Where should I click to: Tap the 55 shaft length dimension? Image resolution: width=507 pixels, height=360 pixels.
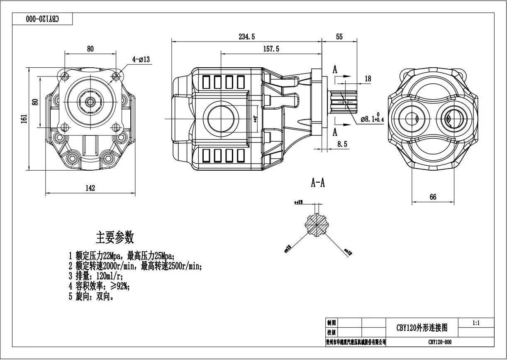(x=339, y=37)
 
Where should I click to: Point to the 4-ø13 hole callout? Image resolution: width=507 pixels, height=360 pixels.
(x=141, y=60)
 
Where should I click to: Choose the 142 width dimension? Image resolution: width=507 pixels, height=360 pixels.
(x=90, y=188)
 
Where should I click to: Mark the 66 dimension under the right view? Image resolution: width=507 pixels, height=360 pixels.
(x=433, y=197)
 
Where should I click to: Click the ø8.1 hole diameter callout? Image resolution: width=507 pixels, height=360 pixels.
(x=372, y=119)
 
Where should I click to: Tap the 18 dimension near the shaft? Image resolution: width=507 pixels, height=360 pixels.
(x=368, y=78)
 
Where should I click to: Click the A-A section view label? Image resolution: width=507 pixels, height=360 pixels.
(x=318, y=183)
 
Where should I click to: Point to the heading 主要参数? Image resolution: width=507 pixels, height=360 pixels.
(x=115, y=238)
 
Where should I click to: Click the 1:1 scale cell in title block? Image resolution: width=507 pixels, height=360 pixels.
(x=476, y=322)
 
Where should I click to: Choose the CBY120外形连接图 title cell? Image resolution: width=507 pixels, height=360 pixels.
(x=422, y=328)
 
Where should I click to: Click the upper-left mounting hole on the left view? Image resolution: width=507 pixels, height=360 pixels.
(x=65, y=76)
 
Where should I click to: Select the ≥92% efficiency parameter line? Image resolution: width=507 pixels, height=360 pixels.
(x=99, y=286)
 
